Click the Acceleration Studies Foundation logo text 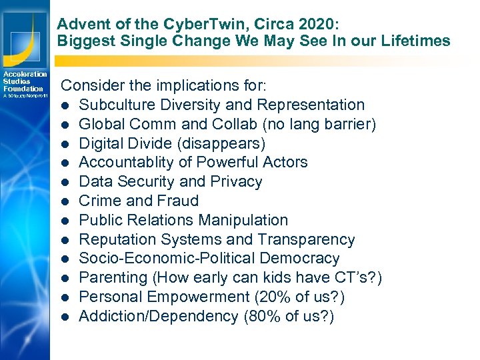(x=24, y=81)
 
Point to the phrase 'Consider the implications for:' (x=164, y=86)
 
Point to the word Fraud (x=178, y=201)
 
